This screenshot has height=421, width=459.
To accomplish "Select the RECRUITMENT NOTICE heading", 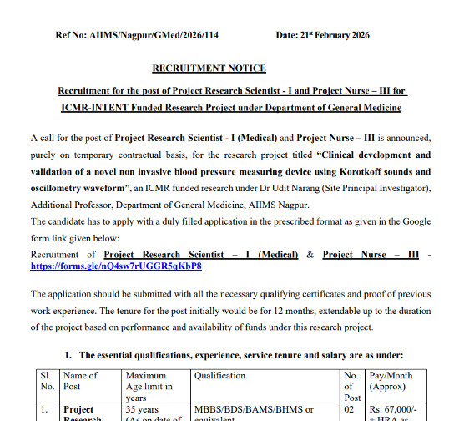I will [209, 68].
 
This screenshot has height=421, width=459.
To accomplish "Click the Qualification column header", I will [220, 376].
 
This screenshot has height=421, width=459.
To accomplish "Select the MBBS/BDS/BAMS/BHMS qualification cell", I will [254, 409].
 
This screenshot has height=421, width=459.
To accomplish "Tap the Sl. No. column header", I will [46, 381].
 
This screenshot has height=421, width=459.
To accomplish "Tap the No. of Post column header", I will [351, 386].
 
